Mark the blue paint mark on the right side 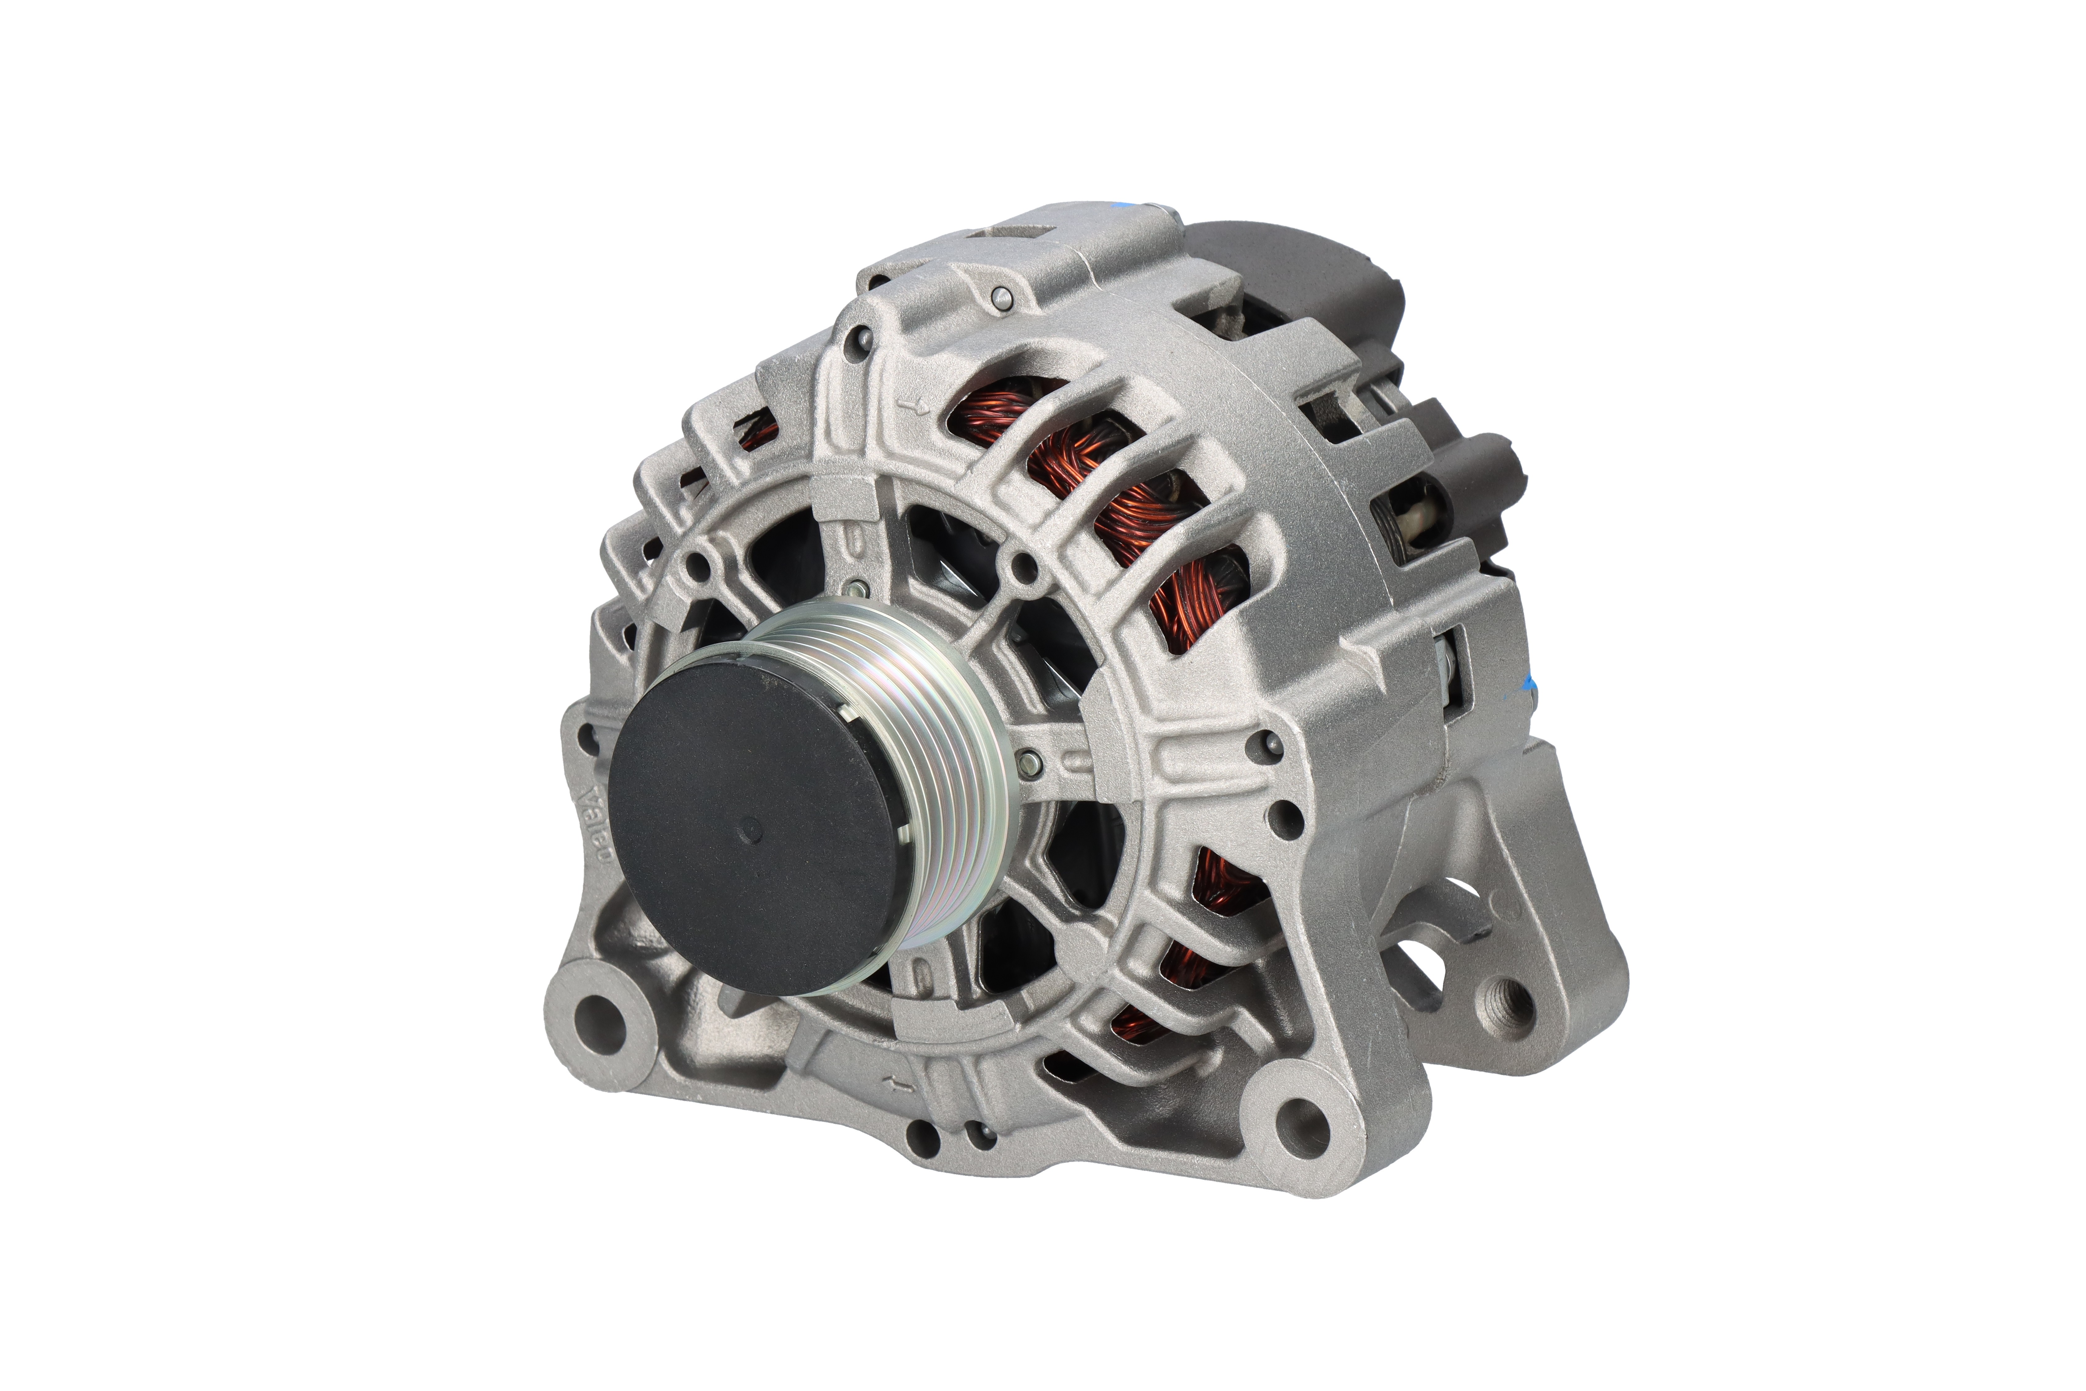point(1527,683)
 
